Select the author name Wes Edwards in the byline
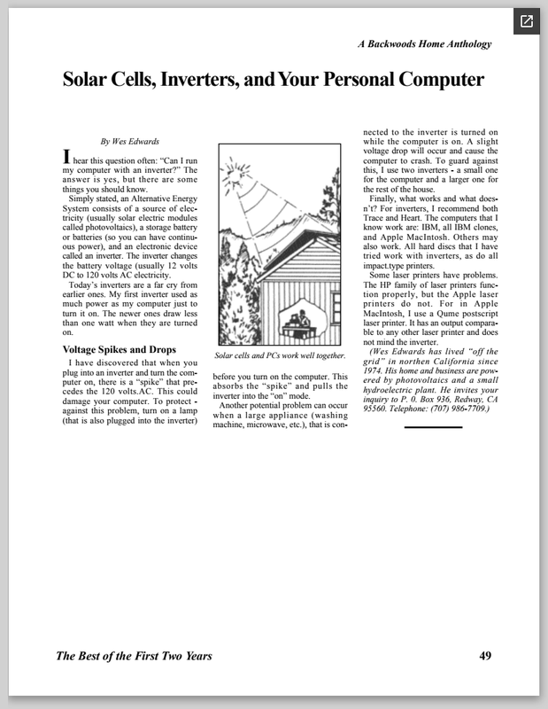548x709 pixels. pyautogui.click(x=138, y=141)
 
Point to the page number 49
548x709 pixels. pyautogui.click(x=485, y=656)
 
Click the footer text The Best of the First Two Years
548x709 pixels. pyautogui.click(x=134, y=657)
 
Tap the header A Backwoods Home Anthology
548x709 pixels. pyautogui.click(x=424, y=43)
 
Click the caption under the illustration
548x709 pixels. pyautogui.click(x=280, y=355)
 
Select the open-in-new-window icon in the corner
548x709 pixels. pyautogui.click(x=526, y=21)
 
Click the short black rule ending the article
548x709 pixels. pyautogui.click(x=433, y=426)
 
